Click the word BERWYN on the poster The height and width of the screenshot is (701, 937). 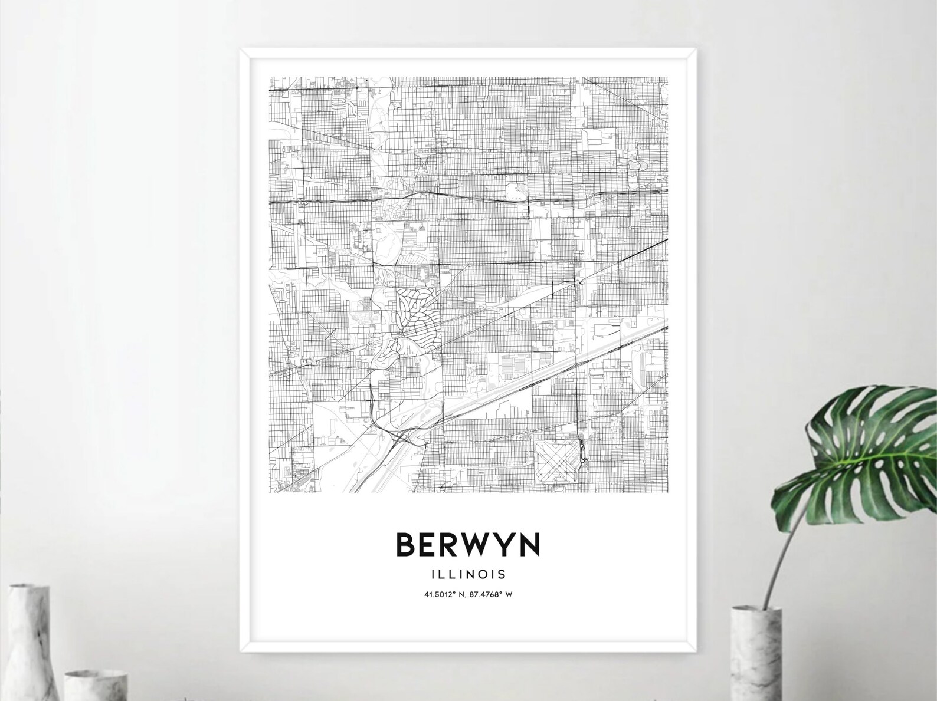point(468,545)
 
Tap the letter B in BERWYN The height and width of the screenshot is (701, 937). point(407,545)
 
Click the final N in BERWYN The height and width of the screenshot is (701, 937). point(529,545)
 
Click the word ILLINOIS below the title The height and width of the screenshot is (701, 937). point(468,574)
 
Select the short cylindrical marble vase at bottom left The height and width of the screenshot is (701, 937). point(94,684)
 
